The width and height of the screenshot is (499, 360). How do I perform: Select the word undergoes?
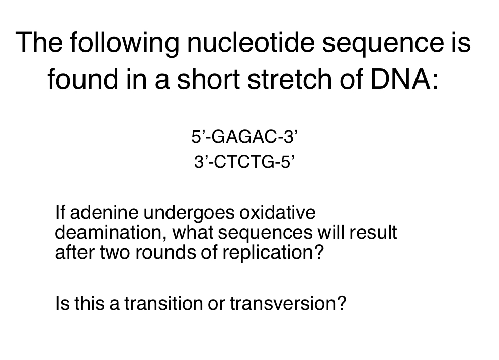(190, 213)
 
